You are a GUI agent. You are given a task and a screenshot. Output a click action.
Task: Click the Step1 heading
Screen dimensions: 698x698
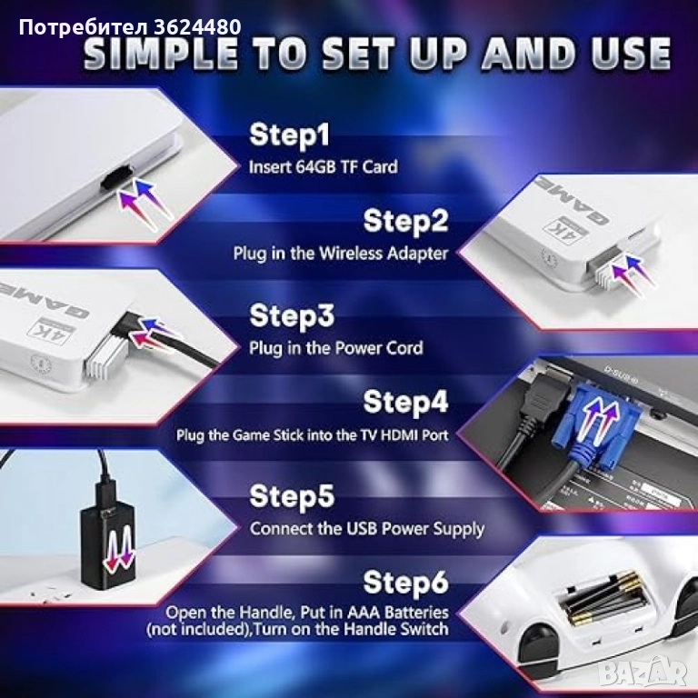click(x=289, y=135)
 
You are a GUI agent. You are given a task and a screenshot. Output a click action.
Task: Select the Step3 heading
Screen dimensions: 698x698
click(x=292, y=315)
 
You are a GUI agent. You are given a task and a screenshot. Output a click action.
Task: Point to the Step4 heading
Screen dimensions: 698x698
click(x=405, y=402)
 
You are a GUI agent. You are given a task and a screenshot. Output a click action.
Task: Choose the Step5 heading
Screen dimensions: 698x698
click(x=292, y=495)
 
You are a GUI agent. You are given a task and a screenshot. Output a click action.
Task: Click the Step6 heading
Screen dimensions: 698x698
click(x=405, y=582)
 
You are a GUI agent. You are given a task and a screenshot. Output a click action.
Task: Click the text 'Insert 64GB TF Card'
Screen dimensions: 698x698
click(x=324, y=167)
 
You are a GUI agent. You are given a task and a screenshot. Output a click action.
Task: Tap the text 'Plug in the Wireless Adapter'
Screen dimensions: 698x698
click(x=341, y=254)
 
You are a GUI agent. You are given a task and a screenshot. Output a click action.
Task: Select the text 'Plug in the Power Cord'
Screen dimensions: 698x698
click(x=335, y=348)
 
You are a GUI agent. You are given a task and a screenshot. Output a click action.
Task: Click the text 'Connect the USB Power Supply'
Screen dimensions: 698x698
click(x=367, y=529)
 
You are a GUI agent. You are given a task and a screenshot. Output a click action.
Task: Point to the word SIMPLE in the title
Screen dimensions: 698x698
click(x=161, y=54)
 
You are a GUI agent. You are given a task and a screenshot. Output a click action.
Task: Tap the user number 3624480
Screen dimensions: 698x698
click(x=197, y=27)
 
